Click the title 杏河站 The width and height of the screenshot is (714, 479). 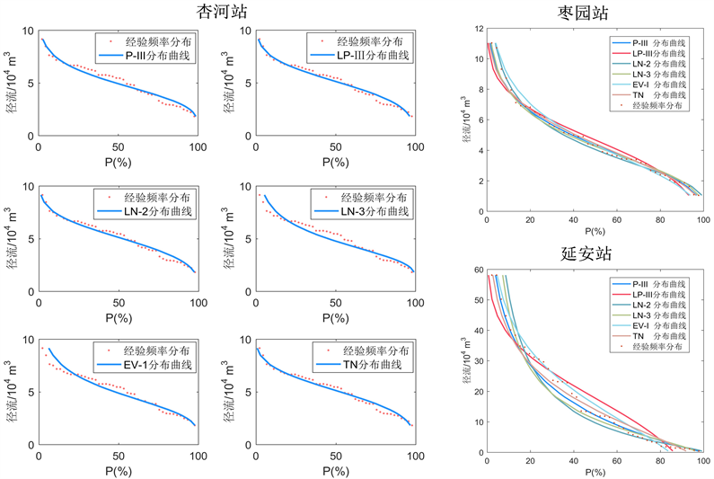225,12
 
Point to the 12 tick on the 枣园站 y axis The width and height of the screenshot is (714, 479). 478,29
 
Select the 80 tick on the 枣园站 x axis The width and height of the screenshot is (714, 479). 660,220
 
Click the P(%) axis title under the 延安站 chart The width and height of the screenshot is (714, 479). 594,471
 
